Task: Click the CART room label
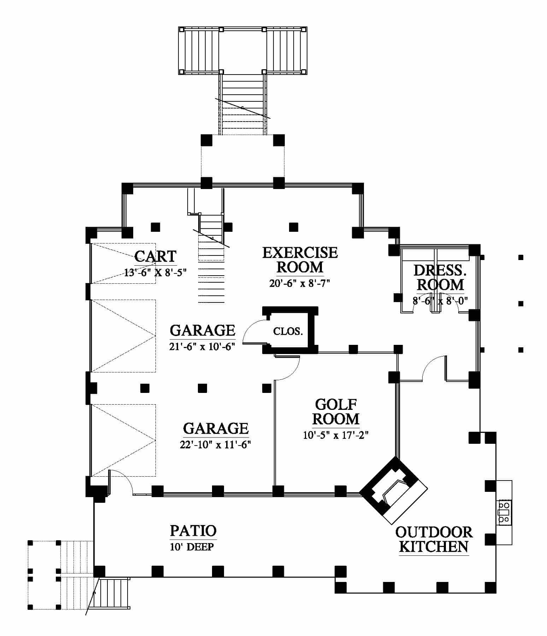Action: coord(155,256)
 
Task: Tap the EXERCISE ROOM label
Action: coord(300,260)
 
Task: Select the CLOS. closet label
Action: coord(288,331)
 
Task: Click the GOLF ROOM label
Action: coord(336,411)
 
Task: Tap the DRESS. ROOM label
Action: coord(439,277)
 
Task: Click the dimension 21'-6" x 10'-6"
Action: coord(202,347)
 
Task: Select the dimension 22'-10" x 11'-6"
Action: coord(215,444)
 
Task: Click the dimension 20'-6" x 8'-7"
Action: coord(300,283)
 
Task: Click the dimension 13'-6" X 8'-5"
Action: coord(155,272)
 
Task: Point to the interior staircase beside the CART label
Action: coord(211,261)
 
